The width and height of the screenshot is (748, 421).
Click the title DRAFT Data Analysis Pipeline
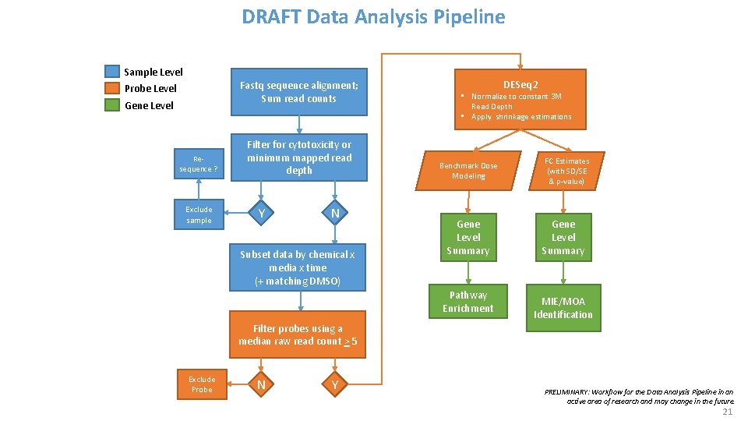click(373, 16)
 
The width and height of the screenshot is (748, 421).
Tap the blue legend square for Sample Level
click(112, 72)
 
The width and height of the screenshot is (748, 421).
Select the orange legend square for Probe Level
click(112, 88)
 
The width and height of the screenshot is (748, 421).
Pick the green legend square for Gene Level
click(112, 105)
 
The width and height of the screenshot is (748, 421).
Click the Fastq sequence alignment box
click(298, 92)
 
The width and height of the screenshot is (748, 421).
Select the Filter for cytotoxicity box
click(298, 157)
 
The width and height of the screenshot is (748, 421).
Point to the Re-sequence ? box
click(199, 164)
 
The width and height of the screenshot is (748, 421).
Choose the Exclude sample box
click(199, 214)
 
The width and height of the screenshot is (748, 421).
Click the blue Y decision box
click(262, 214)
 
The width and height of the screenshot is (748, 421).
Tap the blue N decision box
click(334, 214)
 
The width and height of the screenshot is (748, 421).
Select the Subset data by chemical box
click(297, 267)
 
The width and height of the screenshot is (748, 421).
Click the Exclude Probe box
click(202, 384)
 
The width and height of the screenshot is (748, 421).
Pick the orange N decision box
click(262, 384)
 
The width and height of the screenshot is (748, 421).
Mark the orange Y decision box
click(335, 384)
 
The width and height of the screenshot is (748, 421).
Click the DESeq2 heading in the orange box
click(520, 84)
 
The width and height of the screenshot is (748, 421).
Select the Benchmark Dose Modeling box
click(467, 171)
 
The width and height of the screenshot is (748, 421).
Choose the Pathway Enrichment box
click(468, 302)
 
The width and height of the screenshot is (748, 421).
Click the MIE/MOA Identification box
click(563, 308)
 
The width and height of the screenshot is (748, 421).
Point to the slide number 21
click(728, 412)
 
